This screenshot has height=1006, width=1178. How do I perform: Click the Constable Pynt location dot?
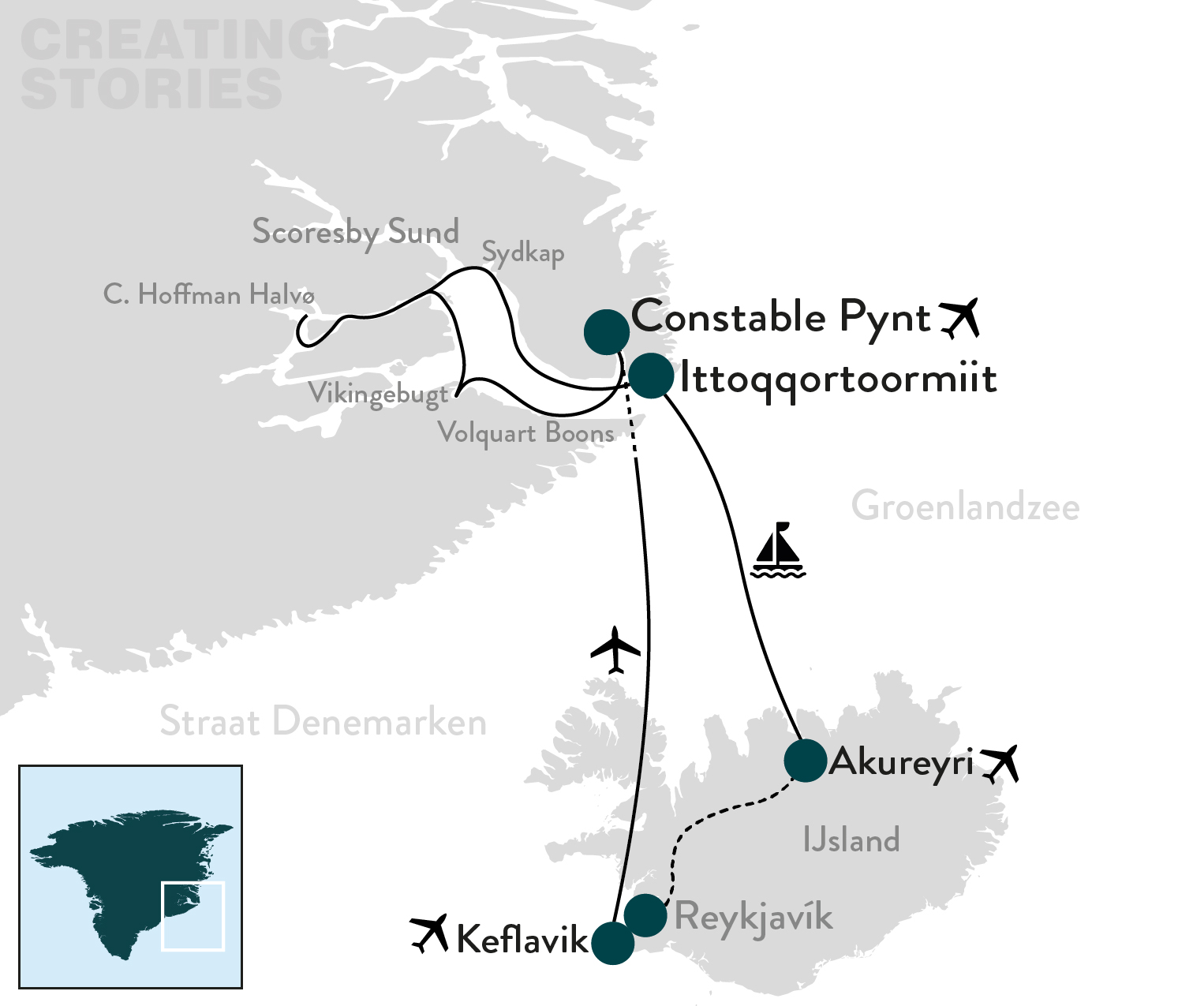[x=606, y=332]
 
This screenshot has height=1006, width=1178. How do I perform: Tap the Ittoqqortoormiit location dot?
[x=651, y=376]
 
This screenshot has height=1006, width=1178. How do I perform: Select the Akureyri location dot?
[x=805, y=761]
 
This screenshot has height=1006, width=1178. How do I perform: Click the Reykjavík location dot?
[x=645, y=915]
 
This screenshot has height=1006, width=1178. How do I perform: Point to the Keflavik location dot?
[x=612, y=942]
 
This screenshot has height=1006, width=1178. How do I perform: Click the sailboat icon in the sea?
[x=778, y=550]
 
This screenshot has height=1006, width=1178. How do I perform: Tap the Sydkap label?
[x=523, y=254]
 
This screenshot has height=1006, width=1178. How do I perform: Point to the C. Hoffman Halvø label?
[x=209, y=295]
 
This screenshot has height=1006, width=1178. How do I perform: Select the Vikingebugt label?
[x=378, y=394]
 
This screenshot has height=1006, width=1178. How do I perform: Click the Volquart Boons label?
[x=525, y=433]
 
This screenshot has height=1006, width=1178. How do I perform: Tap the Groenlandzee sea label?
[x=965, y=506]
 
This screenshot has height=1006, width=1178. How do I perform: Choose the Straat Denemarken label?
[x=323, y=722]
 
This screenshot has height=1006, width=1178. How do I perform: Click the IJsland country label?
[x=851, y=840]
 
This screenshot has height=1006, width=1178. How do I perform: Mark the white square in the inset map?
[x=193, y=915]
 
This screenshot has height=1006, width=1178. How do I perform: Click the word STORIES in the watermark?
[x=151, y=88]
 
